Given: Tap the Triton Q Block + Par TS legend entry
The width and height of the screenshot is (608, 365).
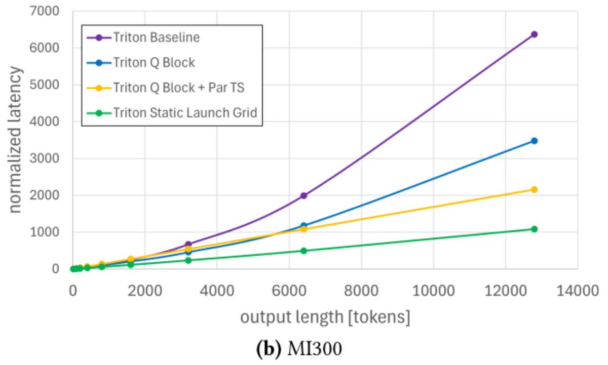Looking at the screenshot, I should [179, 88].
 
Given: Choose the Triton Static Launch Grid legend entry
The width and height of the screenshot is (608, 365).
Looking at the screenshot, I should [185, 112].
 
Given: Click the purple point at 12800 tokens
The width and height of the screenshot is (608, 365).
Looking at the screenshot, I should [534, 34].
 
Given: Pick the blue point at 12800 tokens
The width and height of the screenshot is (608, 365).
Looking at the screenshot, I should [534, 141].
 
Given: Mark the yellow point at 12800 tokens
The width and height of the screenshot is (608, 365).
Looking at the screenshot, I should [534, 189].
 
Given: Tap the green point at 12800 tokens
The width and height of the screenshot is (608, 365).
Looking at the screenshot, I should [534, 229].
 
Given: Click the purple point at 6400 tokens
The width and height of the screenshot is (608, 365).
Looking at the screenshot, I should [303, 195].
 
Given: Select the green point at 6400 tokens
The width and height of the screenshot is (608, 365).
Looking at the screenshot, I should [303, 251].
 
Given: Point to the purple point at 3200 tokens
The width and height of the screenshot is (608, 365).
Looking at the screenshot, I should [188, 244].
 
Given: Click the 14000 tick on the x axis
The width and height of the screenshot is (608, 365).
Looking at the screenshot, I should [578, 292].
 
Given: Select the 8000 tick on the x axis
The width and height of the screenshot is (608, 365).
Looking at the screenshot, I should [361, 292].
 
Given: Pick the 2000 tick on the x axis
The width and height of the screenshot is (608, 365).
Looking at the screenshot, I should [144, 292].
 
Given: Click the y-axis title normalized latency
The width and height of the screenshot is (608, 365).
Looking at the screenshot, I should [15, 140].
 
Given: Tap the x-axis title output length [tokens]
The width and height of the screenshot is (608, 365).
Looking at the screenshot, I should [325, 317].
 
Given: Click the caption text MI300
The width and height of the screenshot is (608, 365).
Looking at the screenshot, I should [322, 349].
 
